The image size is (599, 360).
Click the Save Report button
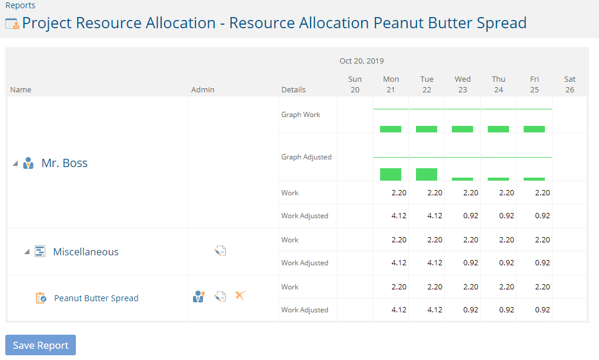[x=41, y=345]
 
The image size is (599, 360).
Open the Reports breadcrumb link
[x=20, y=5]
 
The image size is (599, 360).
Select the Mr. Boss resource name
[x=65, y=163]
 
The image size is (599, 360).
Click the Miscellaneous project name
[x=86, y=252]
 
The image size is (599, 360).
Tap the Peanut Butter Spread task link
[x=96, y=298]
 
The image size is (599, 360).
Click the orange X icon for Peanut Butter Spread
[x=241, y=295]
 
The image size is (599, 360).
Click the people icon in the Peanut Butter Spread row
[x=199, y=296]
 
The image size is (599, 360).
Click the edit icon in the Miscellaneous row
[x=220, y=251]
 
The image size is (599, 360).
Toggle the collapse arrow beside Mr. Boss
[x=15, y=164]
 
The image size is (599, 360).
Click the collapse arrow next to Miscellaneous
[x=26, y=252]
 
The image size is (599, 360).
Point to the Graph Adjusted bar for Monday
[x=391, y=175]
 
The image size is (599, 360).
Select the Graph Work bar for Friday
[x=534, y=129]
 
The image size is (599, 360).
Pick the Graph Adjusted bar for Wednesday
[x=462, y=179]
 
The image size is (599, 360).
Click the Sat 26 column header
[x=570, y=84]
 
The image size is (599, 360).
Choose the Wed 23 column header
[x=462, y=84]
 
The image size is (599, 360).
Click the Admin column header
[x=203, y=90]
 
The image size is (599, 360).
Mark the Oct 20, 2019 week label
[x=362, y=61]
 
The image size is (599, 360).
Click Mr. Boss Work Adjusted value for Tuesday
[x=435, y=216]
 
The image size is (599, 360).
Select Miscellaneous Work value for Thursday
[x=507, y=240]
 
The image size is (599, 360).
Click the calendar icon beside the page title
[x=12, y=24]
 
